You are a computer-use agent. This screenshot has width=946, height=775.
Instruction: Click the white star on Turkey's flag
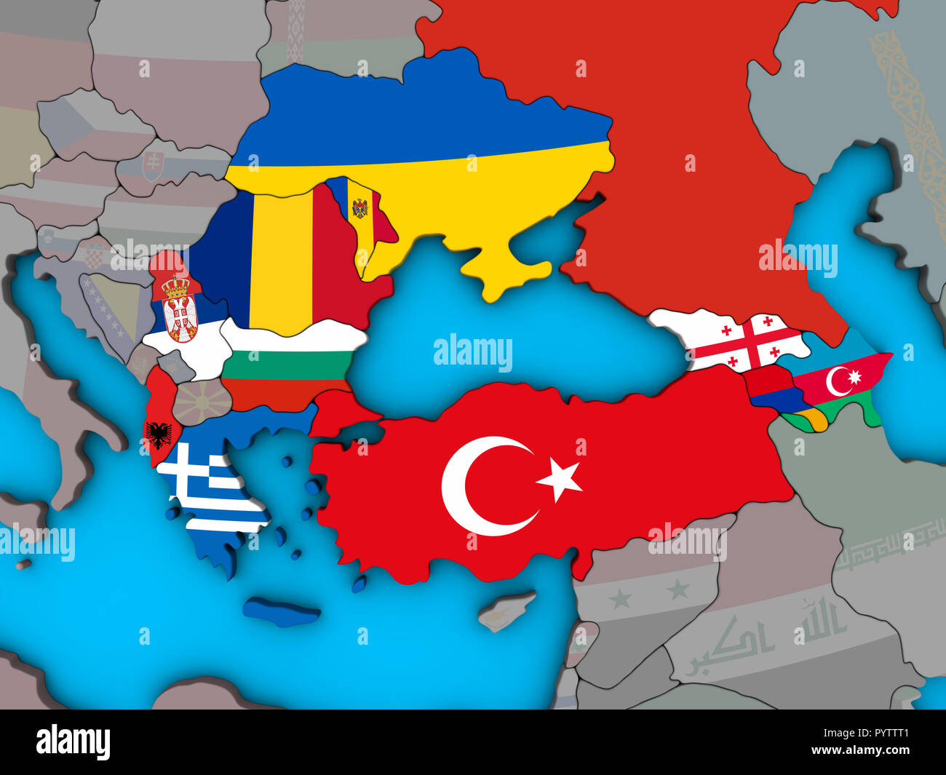(560, 479)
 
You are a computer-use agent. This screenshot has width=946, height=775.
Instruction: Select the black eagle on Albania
(158, 434)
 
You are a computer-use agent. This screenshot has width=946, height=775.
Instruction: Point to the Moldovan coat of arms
(359, 208)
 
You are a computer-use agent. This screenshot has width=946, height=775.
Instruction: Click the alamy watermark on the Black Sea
(473, 351)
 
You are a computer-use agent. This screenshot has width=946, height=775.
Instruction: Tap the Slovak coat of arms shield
(152, 167)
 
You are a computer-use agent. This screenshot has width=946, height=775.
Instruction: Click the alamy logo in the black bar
(73, 742)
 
